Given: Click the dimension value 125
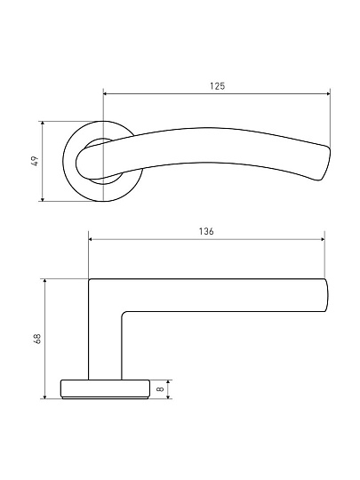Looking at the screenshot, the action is click(218, 86).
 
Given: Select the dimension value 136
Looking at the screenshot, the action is click(206, 231).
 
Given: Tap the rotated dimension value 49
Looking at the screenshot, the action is click(35, 161).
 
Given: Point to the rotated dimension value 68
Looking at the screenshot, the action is click(37, 339).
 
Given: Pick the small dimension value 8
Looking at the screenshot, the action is click(160, 389).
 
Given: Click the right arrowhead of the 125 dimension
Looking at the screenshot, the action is click(328, 93).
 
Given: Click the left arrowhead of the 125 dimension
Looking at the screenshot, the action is click(106, 93).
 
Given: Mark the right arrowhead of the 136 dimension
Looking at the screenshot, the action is click(322, 239).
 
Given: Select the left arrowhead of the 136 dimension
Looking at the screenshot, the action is click(92, 239).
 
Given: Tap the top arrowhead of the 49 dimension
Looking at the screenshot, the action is click(43, 124).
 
